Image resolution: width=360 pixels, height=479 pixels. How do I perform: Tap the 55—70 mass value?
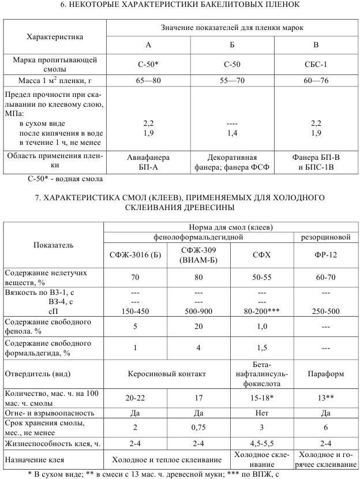(x=232, y=80)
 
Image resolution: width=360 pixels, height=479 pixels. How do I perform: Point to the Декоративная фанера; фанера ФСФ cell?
(x=232, y=162)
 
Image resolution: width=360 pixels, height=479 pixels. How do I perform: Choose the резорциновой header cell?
(x=327, y=237)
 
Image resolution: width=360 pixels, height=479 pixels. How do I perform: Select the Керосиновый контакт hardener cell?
(x=167, y=374)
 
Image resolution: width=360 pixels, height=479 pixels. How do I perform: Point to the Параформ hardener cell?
(x=327, y=374)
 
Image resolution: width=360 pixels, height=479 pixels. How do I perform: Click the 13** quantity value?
(x=327, y=397)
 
